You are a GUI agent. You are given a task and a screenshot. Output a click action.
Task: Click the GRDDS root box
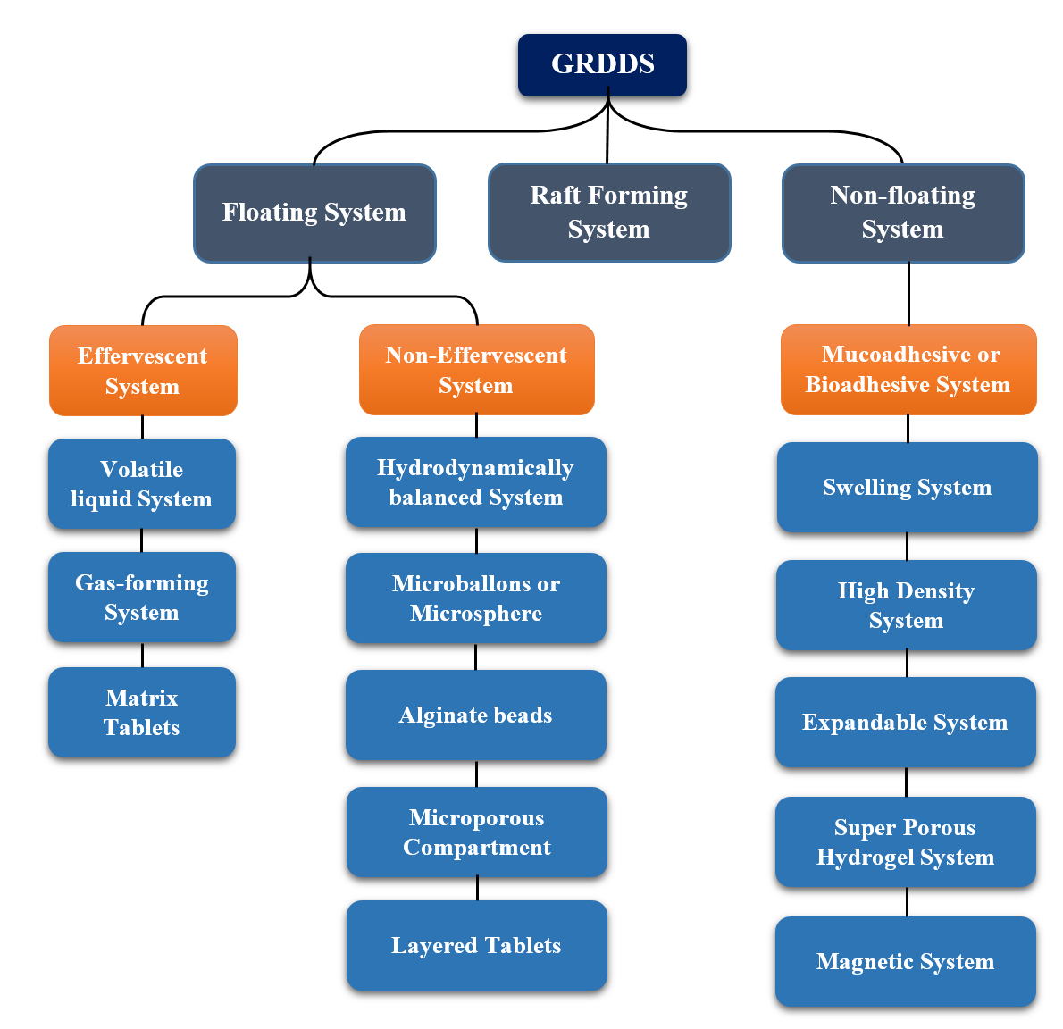click(602, 65)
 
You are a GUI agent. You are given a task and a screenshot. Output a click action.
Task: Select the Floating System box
click(314, 213)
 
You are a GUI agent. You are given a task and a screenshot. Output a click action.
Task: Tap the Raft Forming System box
click(609, 213)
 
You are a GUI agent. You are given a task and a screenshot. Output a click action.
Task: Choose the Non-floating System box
click(903, 213)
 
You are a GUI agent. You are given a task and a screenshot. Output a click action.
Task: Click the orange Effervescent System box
click(143, 371)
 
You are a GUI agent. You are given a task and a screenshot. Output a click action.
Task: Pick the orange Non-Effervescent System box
click(476, 370)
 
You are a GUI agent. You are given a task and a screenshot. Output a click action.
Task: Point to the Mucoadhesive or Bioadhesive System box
click(908, 370)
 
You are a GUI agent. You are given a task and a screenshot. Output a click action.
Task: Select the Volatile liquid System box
click(142, 483)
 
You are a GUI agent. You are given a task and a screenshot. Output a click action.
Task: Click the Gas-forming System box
click(142, 597)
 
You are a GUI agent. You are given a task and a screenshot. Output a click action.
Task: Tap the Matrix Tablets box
click(142, 712)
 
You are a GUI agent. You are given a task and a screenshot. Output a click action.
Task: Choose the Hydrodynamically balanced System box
click(476, 481)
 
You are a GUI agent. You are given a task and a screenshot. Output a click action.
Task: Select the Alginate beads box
click(476, 715)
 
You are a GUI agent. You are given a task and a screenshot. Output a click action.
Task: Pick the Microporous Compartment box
click(477, 832)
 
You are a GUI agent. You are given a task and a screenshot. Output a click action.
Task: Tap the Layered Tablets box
click(477, 945)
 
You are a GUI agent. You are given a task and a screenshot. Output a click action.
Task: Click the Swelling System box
click(908, 488)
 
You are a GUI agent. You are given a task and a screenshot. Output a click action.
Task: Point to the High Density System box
click(907, 605)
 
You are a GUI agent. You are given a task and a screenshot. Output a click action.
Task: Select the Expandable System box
click(906, 722)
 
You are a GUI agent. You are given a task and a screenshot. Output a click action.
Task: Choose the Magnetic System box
click(906, 961)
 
